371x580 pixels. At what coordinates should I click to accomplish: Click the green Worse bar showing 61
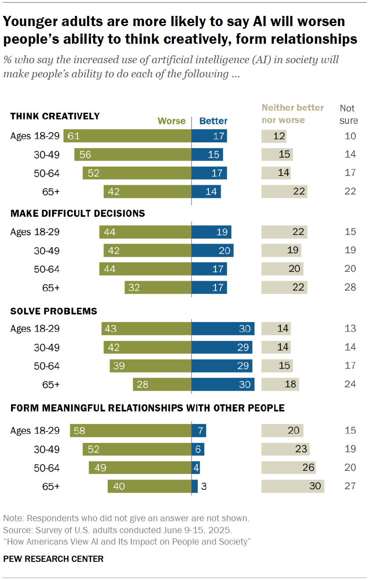tap(127, 136)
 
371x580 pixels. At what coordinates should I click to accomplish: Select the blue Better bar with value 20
tap(212, 251)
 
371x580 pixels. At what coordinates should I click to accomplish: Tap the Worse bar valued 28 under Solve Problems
tap(162, 384)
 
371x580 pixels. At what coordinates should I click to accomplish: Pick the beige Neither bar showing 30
tap(293, 487)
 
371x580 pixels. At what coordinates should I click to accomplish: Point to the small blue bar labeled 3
tap(194, 487)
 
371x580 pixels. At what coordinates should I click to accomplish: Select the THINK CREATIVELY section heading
tap(55, 116)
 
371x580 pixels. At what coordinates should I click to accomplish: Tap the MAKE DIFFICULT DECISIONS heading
tap(78, 214)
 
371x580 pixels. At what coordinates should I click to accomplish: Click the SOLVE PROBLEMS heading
tap(53, 311)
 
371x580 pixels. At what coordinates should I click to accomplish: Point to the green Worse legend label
tap(171, 121)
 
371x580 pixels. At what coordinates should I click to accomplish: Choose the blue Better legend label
tap(213, 121)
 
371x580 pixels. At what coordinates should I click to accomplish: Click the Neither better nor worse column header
tap(293, 114)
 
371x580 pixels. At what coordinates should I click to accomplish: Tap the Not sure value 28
tap(350, 288)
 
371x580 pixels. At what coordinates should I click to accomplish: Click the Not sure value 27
tap(350, 487)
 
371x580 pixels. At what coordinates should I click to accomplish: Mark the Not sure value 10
tap(350, 136)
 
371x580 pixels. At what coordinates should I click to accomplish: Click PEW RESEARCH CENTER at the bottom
tap(53, 559)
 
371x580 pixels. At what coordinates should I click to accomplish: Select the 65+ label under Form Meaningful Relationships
tap(51, 487)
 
